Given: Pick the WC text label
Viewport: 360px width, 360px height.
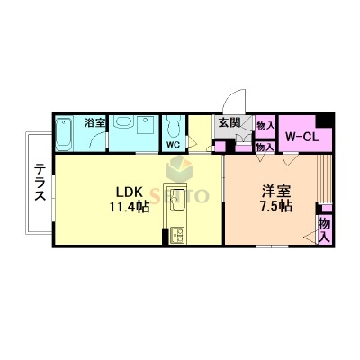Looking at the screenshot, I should tap(172, 143).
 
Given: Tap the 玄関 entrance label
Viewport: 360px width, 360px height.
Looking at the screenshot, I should tap(228, 123).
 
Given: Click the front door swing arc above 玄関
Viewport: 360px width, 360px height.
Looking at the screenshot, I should tap(236, 100).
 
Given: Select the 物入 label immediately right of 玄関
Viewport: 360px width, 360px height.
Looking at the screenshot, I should tap(265, 125).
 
